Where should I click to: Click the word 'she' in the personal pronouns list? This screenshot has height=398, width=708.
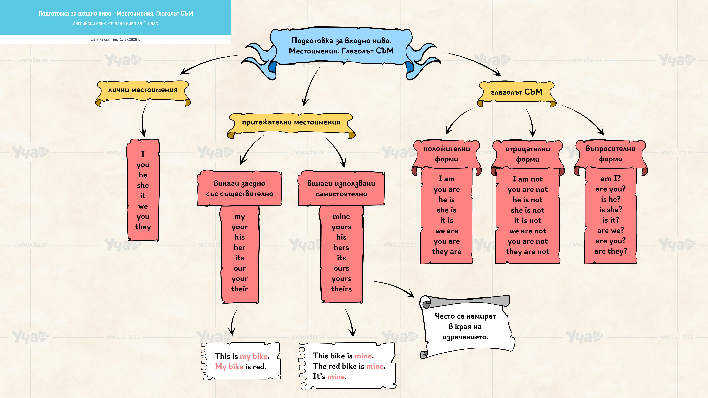[143, 185]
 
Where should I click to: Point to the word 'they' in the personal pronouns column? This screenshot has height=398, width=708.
[143, 227]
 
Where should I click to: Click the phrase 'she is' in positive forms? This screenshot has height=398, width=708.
[447, 210]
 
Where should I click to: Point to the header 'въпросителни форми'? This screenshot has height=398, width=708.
[610, 154]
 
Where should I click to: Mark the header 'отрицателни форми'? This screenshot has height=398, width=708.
[527, 154]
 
